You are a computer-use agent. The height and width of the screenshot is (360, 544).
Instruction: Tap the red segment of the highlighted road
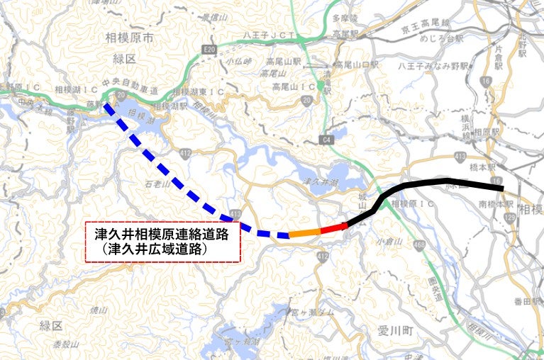click(x=333, y=227)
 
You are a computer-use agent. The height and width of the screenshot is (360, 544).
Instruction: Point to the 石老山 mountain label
click(x=157, y=184)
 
